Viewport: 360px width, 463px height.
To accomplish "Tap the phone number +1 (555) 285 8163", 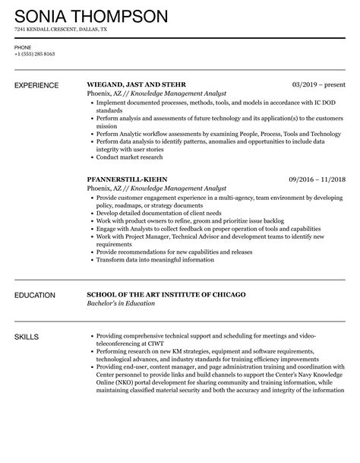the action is click(x=34, y=55).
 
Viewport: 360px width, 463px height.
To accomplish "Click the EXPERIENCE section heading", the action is click(x=37, y=85).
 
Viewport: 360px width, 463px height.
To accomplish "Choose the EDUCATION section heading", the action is click(x=35, y=295).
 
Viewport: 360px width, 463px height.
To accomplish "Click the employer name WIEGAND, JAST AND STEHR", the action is click(x=137, y=85).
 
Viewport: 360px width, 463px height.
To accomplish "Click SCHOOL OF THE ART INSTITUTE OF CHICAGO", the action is click(x=166, y=295).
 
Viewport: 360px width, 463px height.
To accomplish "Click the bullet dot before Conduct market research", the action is click(x=91, y=158).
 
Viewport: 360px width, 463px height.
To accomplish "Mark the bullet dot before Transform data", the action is click(x=91, y=260).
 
